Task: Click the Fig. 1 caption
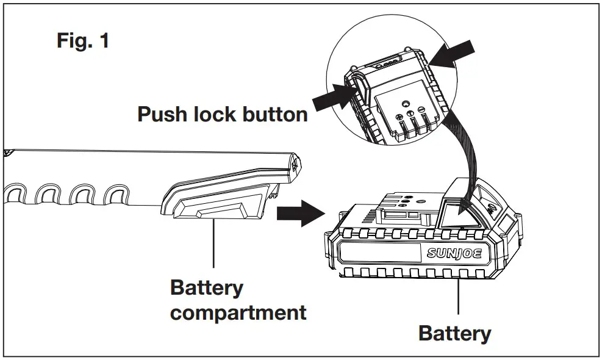(x=83, y=41)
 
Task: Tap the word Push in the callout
(x=164, y=114)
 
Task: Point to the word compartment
(x=238, y=313)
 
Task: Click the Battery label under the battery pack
(x=454, y=334)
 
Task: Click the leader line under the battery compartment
(x=213, y=244)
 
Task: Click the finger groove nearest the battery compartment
(x=115, y=198)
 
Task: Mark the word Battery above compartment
(x=206, y=287)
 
